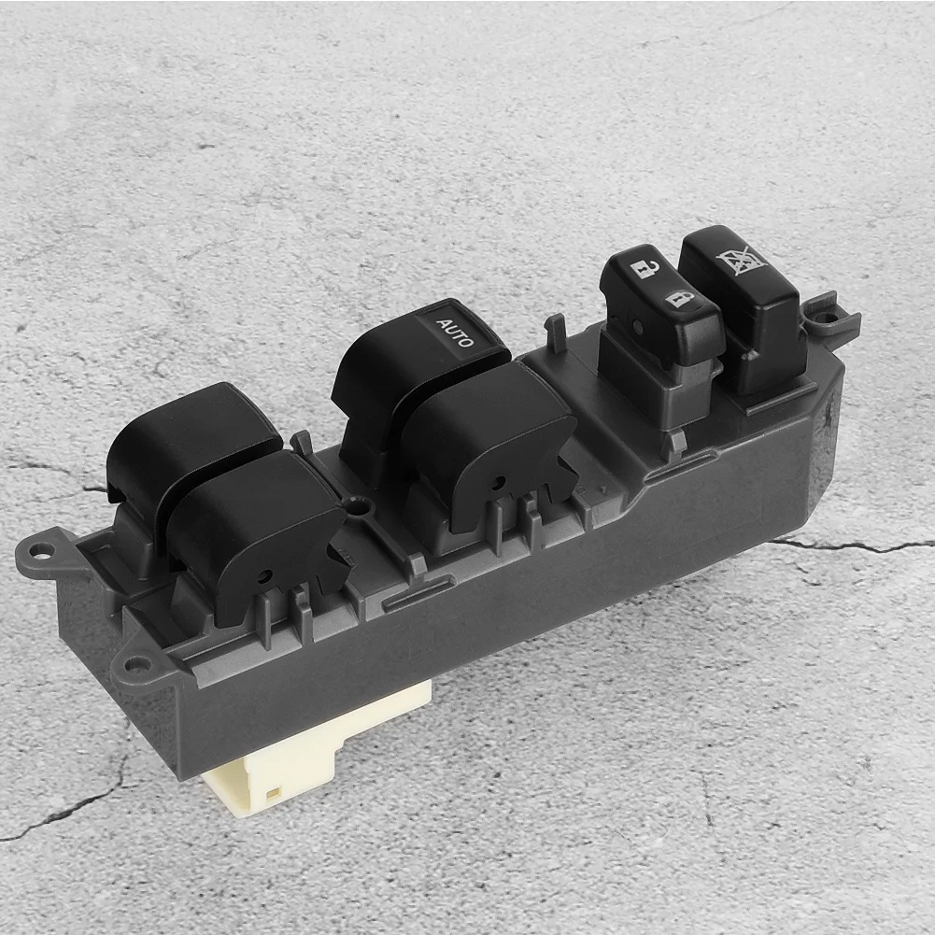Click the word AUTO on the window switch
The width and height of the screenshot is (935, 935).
[x=456, y=333]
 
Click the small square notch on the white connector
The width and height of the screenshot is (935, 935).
[x=273, y=794]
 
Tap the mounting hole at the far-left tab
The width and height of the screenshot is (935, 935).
[x=40, y=550]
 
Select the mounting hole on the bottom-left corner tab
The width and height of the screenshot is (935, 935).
[x=136, y=663]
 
